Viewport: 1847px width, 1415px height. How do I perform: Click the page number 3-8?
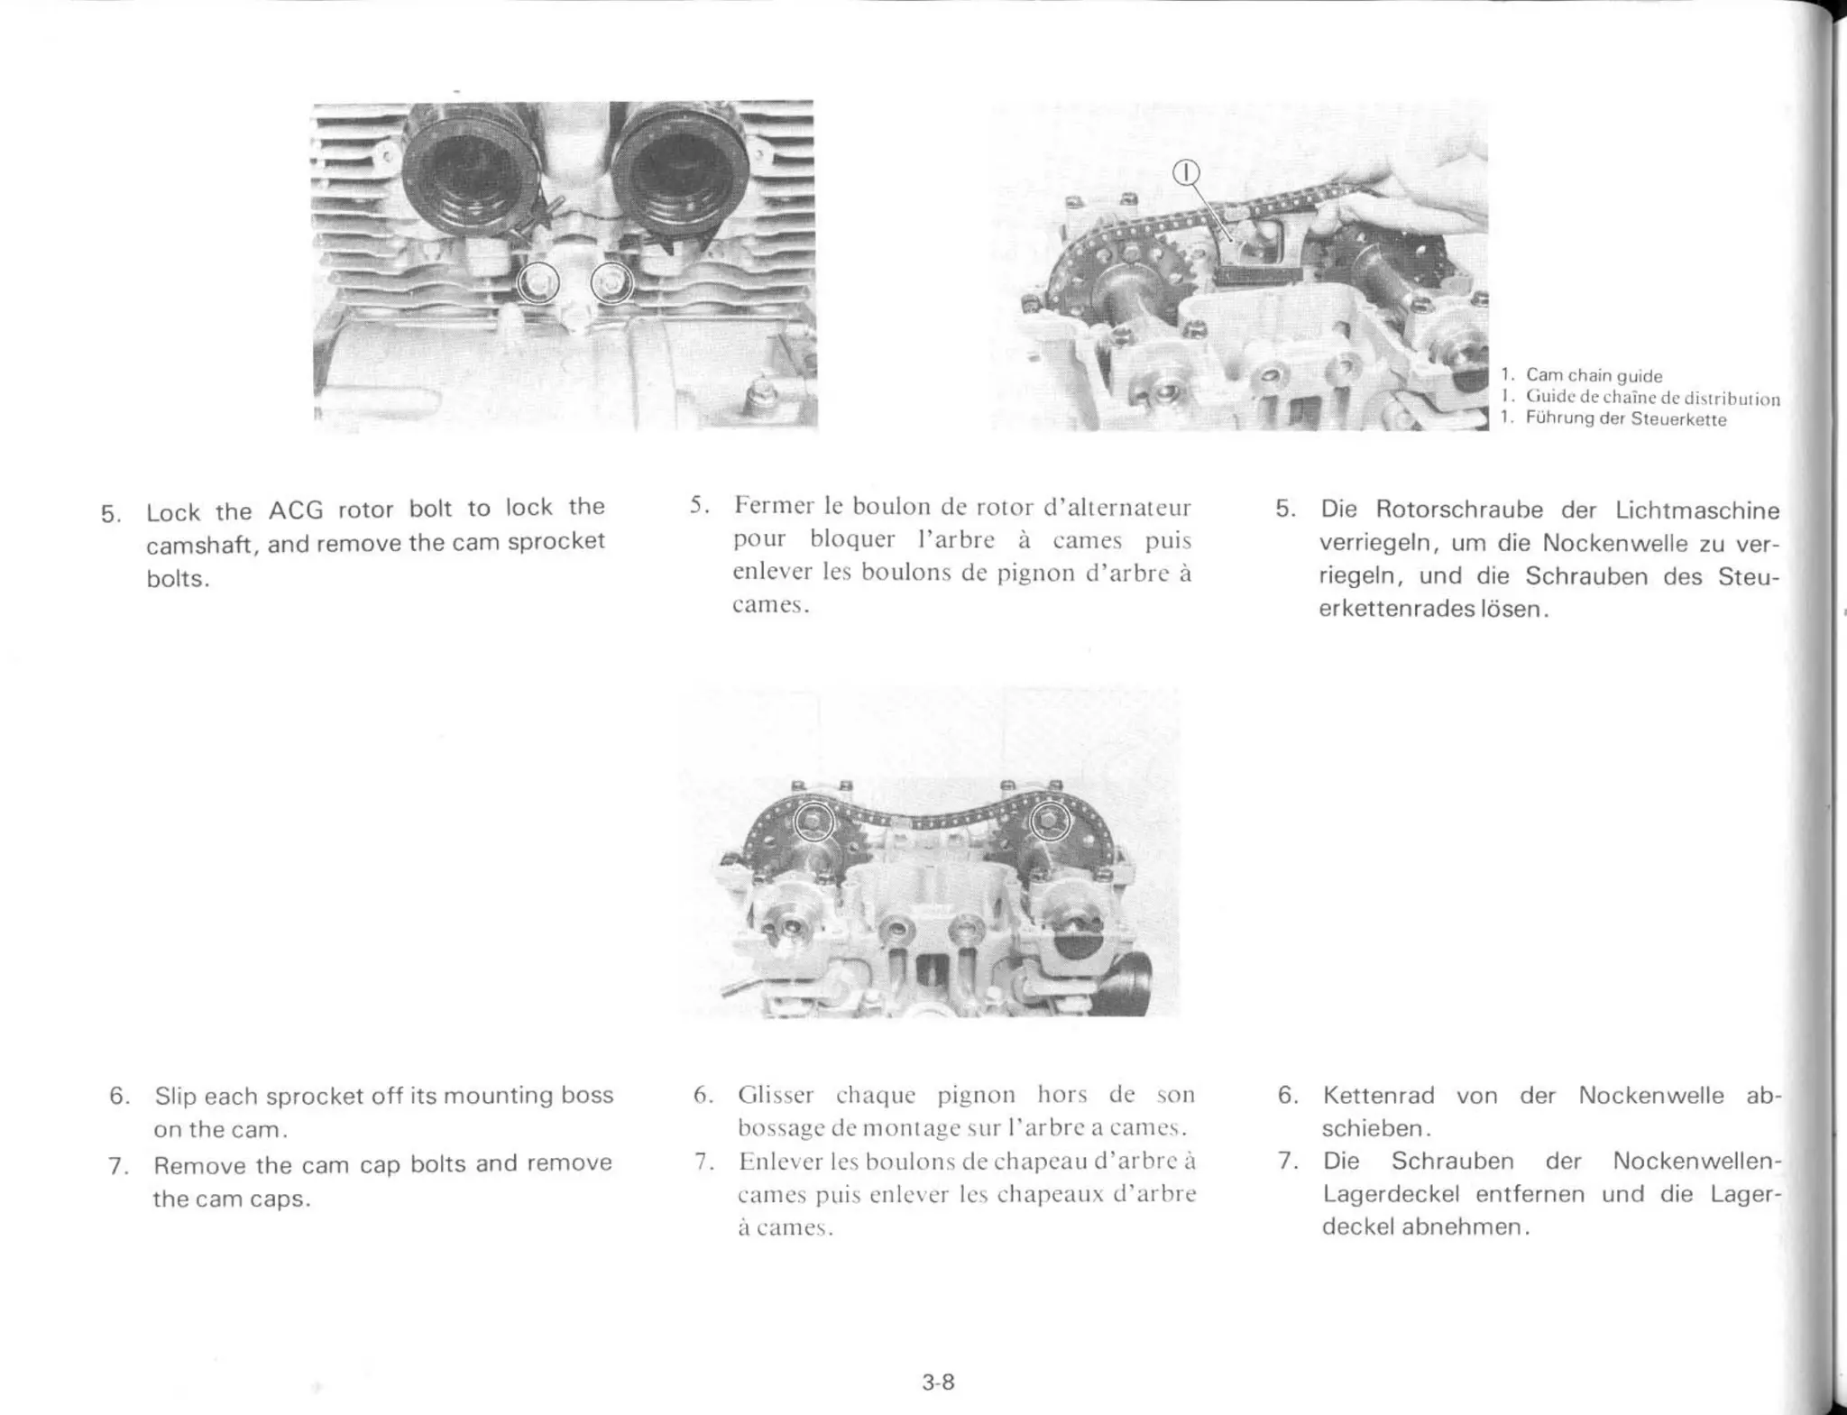click(x=938, y=1382)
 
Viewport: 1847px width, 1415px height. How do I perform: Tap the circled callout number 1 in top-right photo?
click(x=1187, y=172)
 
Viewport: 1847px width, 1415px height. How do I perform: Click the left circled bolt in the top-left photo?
click(x=538, y=284)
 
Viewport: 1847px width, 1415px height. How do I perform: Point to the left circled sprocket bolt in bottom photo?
click(x=813, y=821)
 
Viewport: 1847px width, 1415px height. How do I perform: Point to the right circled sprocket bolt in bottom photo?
click(x=1050, y=821)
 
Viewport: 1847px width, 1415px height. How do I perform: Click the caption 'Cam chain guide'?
click(x=1594, y=375)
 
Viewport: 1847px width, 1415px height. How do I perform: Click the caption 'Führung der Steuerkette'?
click(x=1625, y=419)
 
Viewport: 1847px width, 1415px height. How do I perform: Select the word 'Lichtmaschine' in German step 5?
click(x=1696, y=510)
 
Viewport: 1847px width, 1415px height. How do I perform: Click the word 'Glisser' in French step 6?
click(x=776, y=1095)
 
